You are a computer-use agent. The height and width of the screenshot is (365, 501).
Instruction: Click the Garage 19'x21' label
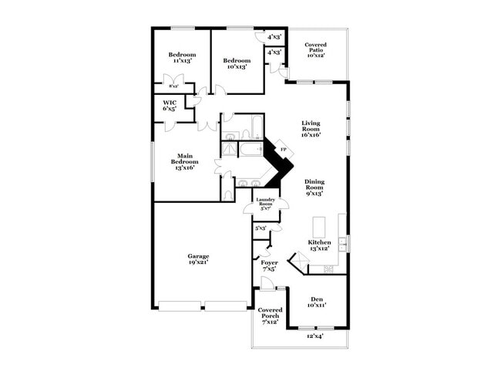tap(198, 259)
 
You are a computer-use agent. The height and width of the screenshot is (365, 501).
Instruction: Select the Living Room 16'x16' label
tap(311, 129)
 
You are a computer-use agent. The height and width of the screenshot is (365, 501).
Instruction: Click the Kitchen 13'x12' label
tap(319, 245)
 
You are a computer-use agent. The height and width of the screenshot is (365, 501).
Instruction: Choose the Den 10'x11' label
tap(317, 302)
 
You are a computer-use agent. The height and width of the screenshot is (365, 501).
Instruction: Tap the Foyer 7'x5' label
tap(269, 266)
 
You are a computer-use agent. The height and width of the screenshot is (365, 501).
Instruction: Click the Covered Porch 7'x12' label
tap(270, 315)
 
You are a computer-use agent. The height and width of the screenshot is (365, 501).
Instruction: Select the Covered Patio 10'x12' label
tap(316, 50)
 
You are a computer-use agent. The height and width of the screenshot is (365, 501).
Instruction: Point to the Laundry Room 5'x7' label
tap(267, 205)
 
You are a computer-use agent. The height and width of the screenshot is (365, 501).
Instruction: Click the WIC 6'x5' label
tap(170, 106)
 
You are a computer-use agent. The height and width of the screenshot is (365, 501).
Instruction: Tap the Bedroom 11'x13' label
tap(183, 58)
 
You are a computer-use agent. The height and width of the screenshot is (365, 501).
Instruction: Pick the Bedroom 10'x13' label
tap(237, 63)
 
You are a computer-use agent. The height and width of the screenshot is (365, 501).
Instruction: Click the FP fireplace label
tap(284, 150)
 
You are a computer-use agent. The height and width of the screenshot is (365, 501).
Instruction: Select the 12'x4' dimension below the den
tap(315, 336)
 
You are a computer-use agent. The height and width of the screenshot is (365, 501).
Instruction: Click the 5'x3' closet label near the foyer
tap(261, 228)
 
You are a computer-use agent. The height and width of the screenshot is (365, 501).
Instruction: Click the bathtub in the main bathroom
tap(250, 148)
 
